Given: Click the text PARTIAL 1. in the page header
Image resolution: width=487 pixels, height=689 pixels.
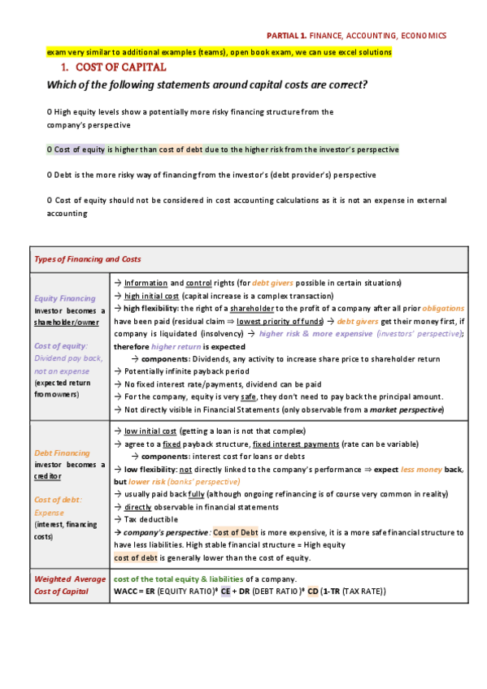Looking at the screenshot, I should pyautogui.click(x=287, y=36).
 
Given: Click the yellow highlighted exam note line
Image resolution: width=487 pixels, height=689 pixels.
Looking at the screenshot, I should pyautogui.click(x=219, y=52).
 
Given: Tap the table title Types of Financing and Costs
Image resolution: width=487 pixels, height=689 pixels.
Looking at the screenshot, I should pyautogui.click(x=87, y=259).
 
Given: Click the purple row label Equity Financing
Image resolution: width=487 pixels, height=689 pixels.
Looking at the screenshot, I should pyautogui.click(x=64, y=298).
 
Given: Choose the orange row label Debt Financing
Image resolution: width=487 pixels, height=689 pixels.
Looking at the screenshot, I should pyautogui.click(x=62, y=453).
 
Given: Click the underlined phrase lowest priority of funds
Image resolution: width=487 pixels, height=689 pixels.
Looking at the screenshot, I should pyautogui.click(x=280, y=322).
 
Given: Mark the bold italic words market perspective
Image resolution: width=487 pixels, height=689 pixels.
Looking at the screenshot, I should pyautogui.click(x=406, y=409).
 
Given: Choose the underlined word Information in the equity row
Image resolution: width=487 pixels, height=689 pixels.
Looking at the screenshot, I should pyautogui.click(x=146, y=283).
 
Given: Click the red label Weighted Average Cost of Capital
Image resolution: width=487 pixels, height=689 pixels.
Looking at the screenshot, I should pyautogui.click(x=69, y=584).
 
